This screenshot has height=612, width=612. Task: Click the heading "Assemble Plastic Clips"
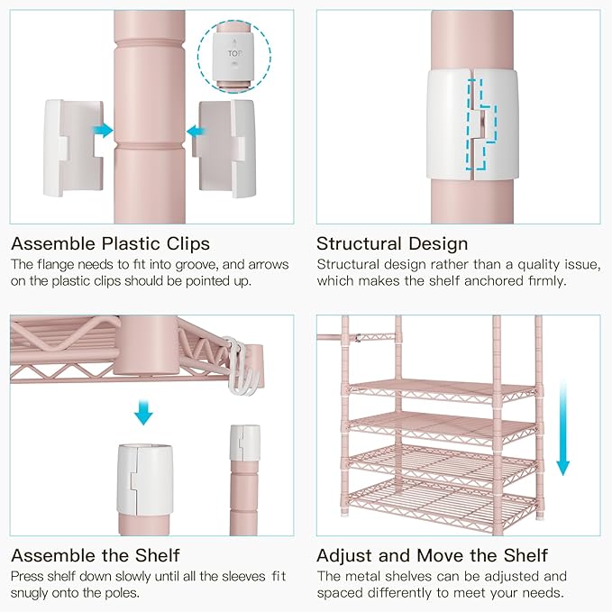click(x=111, y=244)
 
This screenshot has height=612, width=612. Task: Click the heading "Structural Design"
click(x=392, y=244)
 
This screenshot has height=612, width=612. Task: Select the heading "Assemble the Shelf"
click(x=96, y=555)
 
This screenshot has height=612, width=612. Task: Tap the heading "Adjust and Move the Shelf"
click(x=433, y=555)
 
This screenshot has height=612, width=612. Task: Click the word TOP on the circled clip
click(x=234, y=53)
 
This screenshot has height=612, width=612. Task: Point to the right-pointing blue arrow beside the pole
click(x=103, y=130)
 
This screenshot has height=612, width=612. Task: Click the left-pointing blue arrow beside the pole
click(x=196, y=132)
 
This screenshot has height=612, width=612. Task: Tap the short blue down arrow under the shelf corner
click(x=143, y=413)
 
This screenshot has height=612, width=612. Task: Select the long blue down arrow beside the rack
click(x=562, y=428)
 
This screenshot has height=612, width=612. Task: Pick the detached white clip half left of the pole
click(x=74, y=148)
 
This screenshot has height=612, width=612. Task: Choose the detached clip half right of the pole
click(x=224, y=149)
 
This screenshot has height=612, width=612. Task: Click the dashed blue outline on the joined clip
click(x=481, y=124)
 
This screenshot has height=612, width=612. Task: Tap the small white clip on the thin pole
click(x=245, y=443)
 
